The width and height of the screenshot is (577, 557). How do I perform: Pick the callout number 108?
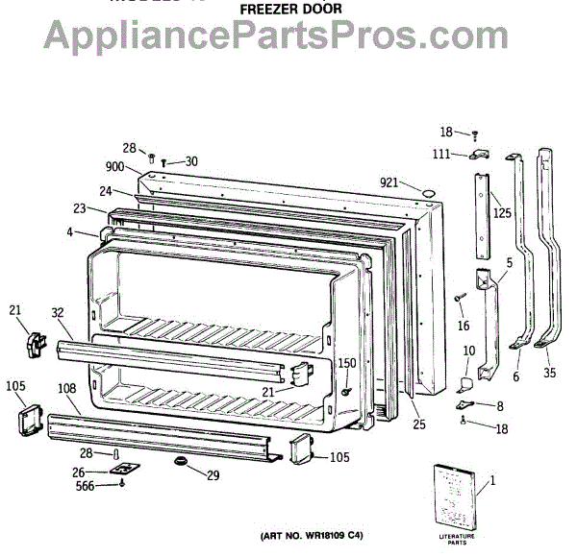pos(67,388)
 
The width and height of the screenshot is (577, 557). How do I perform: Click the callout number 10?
pos(468,351)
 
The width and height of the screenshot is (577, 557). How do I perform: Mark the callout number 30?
pos(190,161)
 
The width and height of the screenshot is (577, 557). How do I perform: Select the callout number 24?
pos(105,190)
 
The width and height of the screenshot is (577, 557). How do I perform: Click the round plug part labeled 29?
pos(180,465)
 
